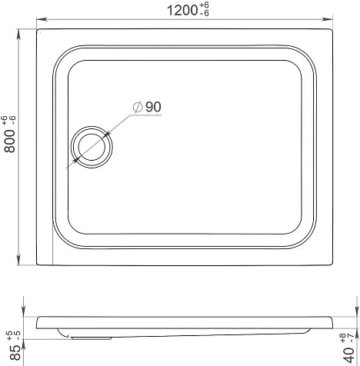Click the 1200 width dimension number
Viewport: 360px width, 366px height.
[x=182, y=11]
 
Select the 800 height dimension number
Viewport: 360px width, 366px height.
[x=10, y=141]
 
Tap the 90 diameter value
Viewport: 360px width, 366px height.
[x=153, y=107]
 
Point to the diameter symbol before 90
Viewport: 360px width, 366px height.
[x=138, y=107]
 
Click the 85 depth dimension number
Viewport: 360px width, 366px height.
[x=15, y=352]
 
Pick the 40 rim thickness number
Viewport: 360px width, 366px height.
[x=349, y=354]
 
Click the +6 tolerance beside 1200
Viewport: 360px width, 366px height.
[x=204, y=5]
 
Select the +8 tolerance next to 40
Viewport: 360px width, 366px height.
[x=343, y=338]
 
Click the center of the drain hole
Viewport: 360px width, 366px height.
[x=92, y=147]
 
